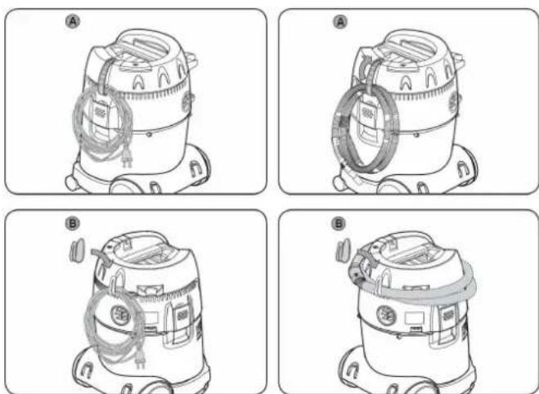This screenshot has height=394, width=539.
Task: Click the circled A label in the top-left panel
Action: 72,22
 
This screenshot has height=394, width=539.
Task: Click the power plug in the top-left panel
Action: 127,159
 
